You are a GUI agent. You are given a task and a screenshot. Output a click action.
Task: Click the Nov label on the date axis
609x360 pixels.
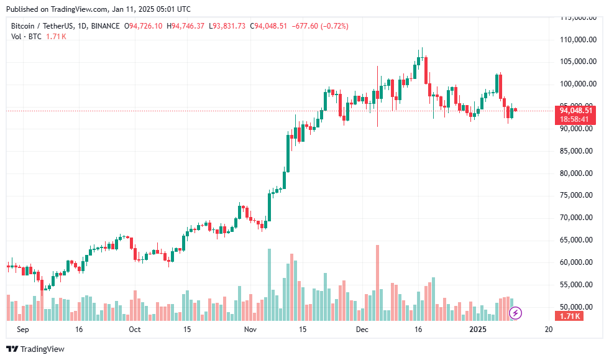[250, 330]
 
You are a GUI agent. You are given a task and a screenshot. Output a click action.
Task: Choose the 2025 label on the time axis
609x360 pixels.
[478, 330]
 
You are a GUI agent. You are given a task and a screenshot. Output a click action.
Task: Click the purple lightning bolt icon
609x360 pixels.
[515, 313]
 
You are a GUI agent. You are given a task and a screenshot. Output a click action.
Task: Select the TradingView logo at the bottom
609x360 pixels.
[35, 349]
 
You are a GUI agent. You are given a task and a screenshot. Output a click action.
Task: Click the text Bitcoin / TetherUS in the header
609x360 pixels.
[43, 26]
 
